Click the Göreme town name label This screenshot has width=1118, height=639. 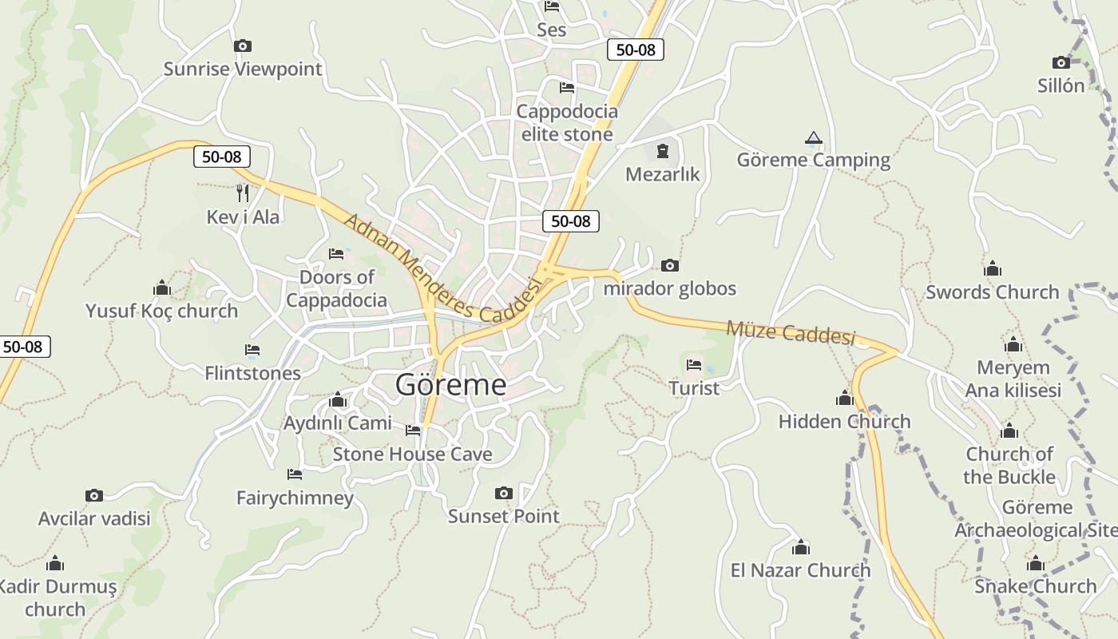pyautogui.click(x=450, y=385)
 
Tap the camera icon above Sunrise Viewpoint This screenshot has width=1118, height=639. pyautogui.click(x=243, y=46)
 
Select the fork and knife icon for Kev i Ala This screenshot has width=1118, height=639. pyautogui.click(x=243, y=192)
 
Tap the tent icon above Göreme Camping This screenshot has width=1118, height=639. pyautogui.click(x=813, y=137)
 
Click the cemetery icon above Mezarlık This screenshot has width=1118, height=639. pyautogui.click(x=662, y=150)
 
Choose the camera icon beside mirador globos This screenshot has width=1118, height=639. pyautogui.click(x=670, y=265)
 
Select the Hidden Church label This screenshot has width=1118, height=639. pyautogui.click(x=844, y=421)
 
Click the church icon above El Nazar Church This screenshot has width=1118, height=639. pyautogui.click(x=801, y=547)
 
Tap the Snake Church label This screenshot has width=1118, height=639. pyautogui.click(x=1035, y=586)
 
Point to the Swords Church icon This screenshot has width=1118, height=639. pyautogui.click(x=993, y=268)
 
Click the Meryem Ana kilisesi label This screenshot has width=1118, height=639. pyautogui.click(x=1013, y=379)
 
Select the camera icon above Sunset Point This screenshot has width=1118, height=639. pyautogui.click(x=503, y=493)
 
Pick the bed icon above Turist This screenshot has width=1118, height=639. pyautogui.click(x=694, y=365)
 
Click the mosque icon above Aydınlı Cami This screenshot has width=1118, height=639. pyautogui.click(x=338, y=399)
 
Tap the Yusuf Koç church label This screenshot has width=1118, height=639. pyautogui.click(x=161, y=311)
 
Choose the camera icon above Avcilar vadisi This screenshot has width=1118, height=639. pyautogui.click(x=94, y=496)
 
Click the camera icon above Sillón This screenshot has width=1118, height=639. pyautogui.click(x=1061, y=62)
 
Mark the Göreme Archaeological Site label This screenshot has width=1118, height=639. pyautogui.click(x=1037, y=518)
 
